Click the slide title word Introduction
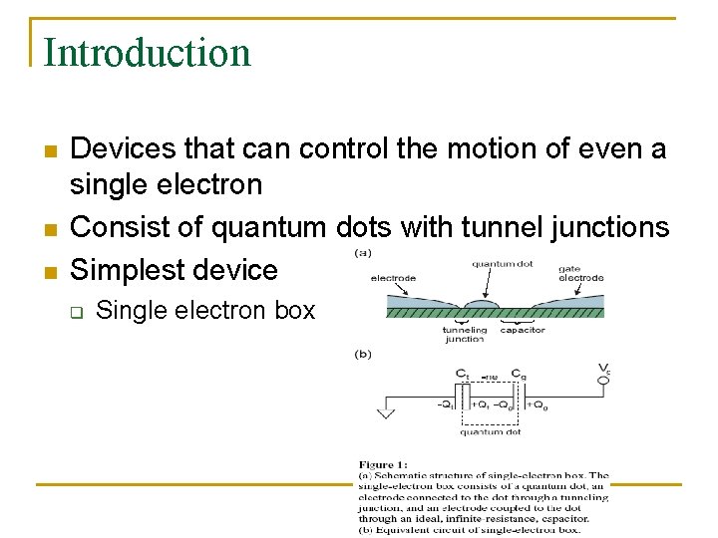148,53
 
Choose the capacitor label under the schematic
522,331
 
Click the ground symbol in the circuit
384,412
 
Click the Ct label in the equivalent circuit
462,374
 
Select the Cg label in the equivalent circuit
518,374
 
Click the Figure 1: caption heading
383,464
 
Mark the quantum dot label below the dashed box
490,432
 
